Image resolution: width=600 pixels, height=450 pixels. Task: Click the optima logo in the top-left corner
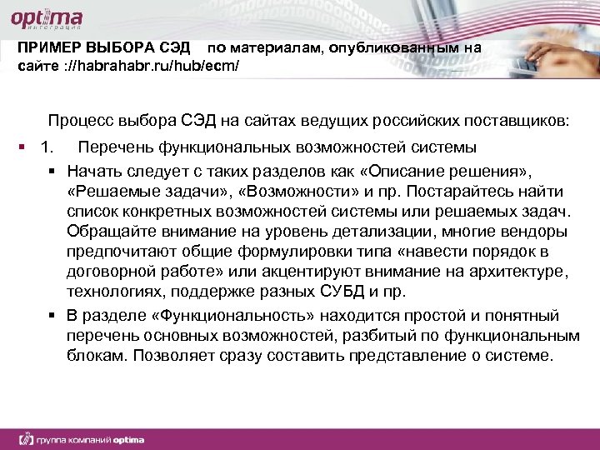coord(46,17)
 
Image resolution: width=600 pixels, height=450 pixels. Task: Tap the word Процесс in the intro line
coord(81,121)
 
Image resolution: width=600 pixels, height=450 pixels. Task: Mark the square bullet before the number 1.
coord(22,148)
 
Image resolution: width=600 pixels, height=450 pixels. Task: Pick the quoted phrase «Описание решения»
coord(454,171)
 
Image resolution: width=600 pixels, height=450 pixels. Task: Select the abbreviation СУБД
coord(347,291)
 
